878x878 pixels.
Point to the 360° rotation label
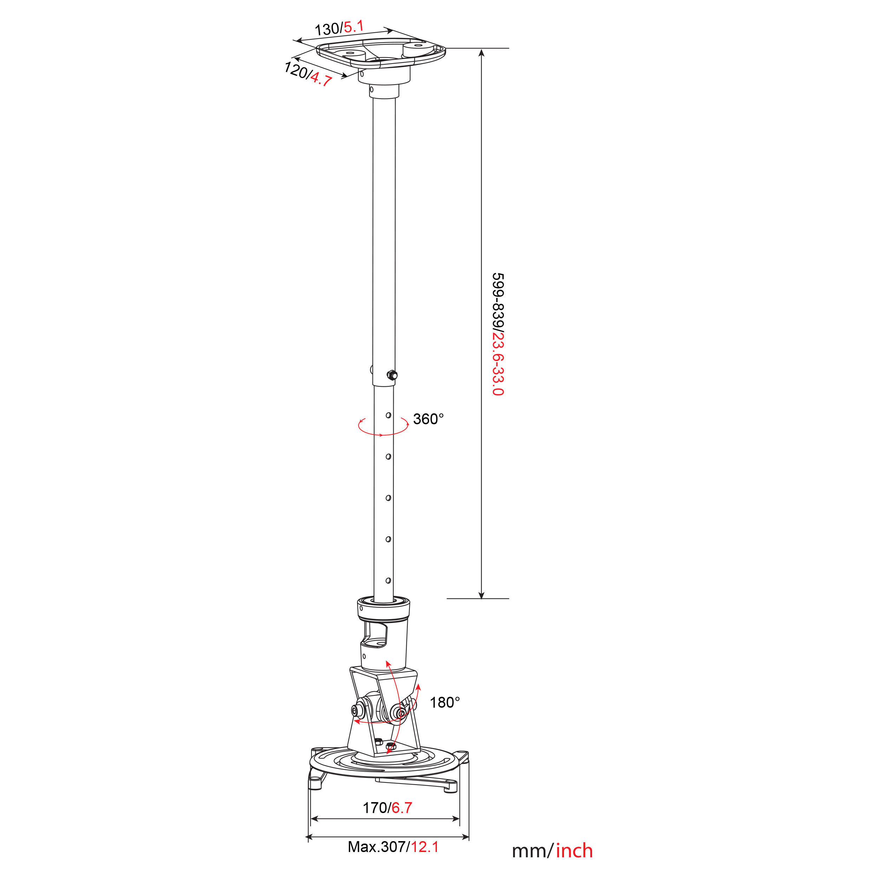[x=428, y=419]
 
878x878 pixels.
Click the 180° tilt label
[x=445, y=703]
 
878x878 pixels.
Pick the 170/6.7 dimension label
[x=387, y=807]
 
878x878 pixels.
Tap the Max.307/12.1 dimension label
[x=393, y=847]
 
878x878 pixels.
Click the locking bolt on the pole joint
[x=392, y=375]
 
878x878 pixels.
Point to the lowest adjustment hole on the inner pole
[x=388, y=580]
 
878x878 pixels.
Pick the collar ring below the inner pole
[x=384, y=609]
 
